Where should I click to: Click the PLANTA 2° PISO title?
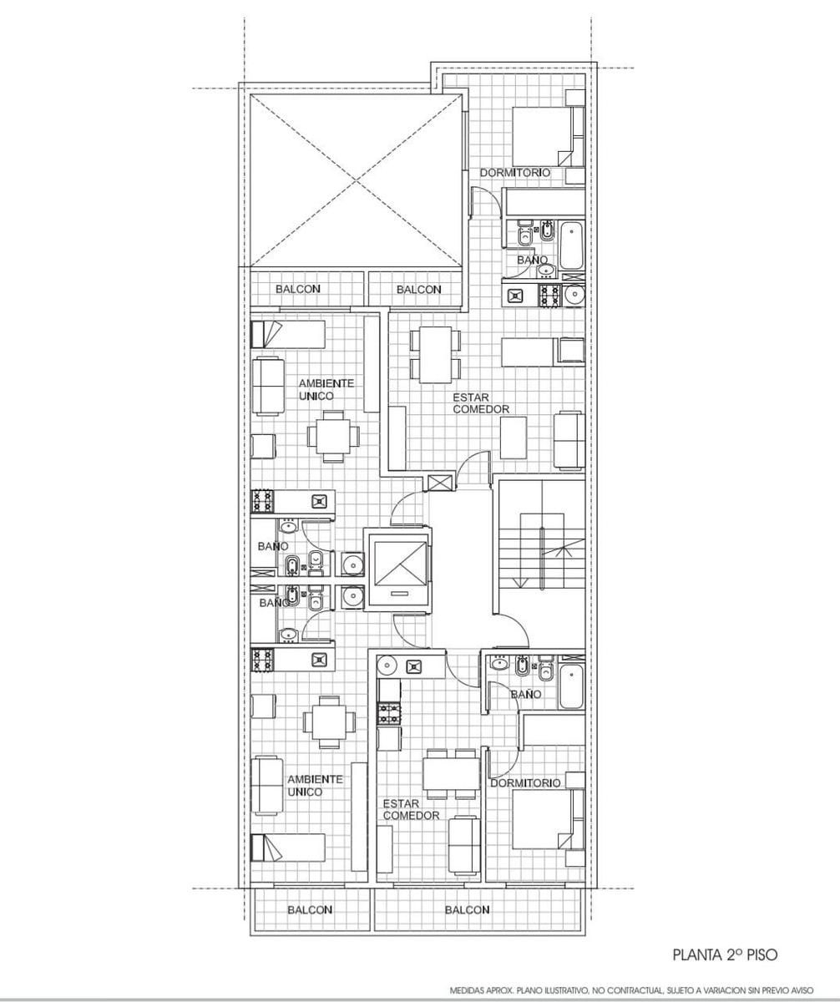(x=725, y=954)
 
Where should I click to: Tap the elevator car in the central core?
(x=399, y=569)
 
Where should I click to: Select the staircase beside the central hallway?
(x=541, y=547)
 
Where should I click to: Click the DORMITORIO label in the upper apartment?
(x=515, y=172)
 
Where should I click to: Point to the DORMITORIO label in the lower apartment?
(x=525, y=782)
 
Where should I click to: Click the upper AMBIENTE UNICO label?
(x=326, y=389)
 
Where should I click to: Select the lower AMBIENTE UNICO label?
(x=315, y=786)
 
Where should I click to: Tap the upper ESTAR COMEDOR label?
(x=481, y=403)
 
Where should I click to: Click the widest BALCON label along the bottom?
(x=467, y=909)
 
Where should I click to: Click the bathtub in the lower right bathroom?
(x=572, y=686)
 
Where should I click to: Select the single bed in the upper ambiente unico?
(x=287, y=335)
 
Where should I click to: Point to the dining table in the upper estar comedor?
(x=435, y=355)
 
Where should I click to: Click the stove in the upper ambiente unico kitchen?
(x=262, y=502)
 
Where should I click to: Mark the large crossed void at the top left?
(x=355, y=181)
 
